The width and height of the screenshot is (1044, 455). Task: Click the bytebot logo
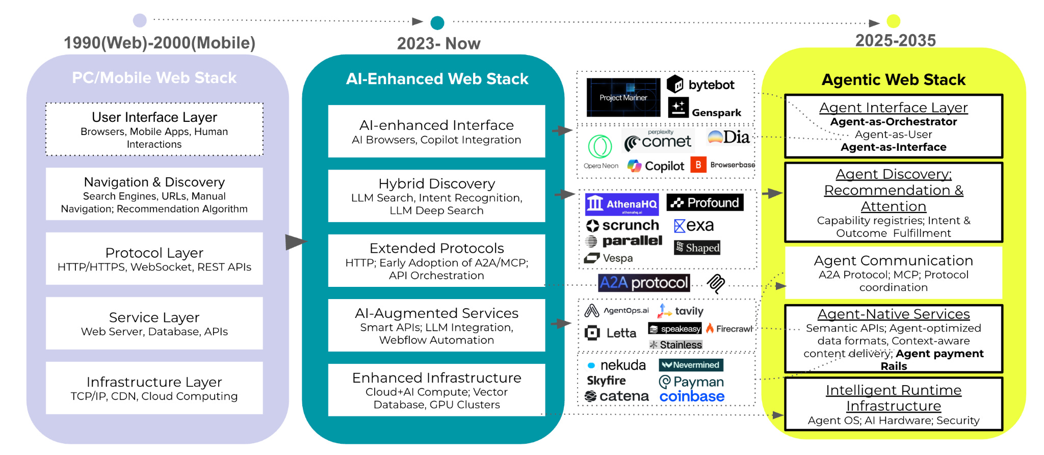[x=701, y=85]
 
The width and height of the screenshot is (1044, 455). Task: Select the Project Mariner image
[x=623, y=97]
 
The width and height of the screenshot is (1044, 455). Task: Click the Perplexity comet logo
[x=658, y=141]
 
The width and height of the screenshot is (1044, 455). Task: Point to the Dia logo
[x=729, y=137]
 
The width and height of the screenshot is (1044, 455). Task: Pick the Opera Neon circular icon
[x=600, y=146]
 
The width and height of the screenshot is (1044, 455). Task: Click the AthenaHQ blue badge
[x=621, y=204]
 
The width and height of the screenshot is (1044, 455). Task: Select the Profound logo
[x=705, y=203]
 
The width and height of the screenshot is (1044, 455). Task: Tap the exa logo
[x=694, y=225]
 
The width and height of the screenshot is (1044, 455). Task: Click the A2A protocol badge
[x=644, y=283]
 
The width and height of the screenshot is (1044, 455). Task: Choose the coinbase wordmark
[x=692, y=396]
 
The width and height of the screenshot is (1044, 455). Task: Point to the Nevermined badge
[x=691, y=365]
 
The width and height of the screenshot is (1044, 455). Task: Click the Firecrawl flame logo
[x=710, y=329]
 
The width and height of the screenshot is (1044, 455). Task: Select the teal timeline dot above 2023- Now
[x=437, y=22]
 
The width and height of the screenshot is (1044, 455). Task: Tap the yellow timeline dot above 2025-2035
[x=893, y=21]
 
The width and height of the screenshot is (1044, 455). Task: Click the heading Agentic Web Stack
[x=894, y=80]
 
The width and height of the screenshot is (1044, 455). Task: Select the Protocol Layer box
[x=154, y=259]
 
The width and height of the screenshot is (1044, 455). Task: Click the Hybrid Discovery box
[x=436, y=196]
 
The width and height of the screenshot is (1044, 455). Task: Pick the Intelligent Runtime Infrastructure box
[x=894, y=404]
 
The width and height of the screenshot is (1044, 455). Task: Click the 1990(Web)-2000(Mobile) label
[x=160, y=43]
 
